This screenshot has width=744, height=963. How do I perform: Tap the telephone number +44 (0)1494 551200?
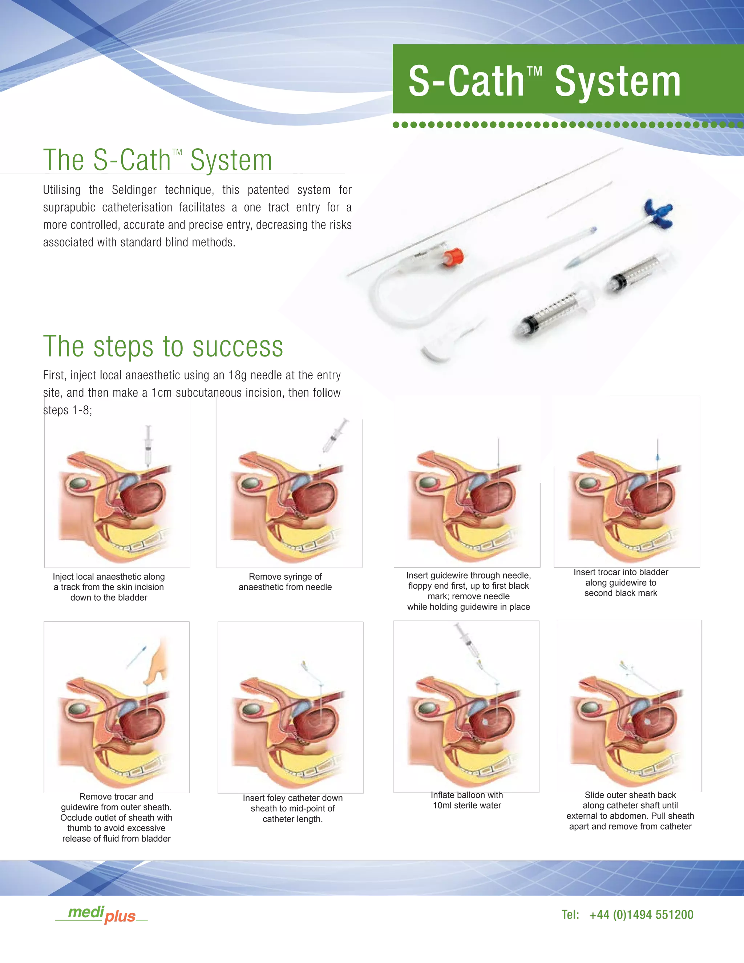642,915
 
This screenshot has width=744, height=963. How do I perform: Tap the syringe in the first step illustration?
148,446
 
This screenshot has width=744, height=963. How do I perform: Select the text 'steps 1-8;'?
68,411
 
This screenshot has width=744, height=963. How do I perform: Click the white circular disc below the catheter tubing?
441,349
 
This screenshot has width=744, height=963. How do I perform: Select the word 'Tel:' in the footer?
570,915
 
